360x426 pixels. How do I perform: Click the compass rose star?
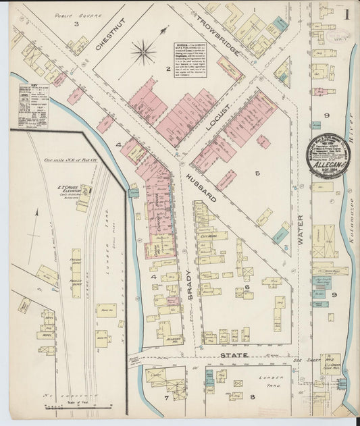pyautogui.click(x=144, y=52)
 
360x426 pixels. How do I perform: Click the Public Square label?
pyautogui.click(x=70, y=13)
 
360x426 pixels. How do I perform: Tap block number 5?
pyautogui.click(x=257, y=173)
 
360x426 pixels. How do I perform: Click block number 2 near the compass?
pyautogui.click(x=168, y=69)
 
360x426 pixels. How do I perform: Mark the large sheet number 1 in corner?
pyautogui.click(x=346, y=14)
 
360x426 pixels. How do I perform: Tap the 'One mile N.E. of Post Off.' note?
pyautogui.click(x=68, y=161)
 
